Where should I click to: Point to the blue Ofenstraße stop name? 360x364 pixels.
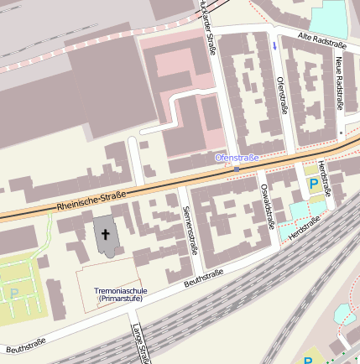point(237,157)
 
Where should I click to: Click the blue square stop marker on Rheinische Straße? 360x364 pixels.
point(237,169)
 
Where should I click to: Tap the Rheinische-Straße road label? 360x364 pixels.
point(92,200)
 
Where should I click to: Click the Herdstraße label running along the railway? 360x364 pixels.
point(304,230)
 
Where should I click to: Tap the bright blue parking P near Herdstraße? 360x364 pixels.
point(313,183)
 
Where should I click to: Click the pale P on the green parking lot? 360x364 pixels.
point(13,294)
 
